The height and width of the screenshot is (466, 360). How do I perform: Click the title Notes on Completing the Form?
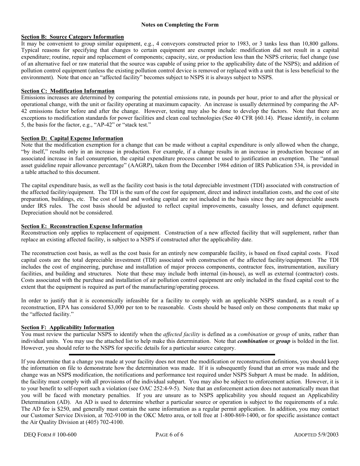coord(180,25)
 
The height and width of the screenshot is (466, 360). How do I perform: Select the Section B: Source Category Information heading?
coord(72,37)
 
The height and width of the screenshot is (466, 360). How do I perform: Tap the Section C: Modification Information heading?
coord(68,91)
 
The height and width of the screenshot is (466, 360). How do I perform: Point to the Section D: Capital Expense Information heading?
coord(72,139)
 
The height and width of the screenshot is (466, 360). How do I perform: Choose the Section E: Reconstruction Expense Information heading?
coord(82,227)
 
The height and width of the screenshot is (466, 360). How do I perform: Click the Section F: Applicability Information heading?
coord(67,328)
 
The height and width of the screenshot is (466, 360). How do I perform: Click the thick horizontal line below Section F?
coord(172,355)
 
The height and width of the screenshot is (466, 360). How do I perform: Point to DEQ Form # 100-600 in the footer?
coord(49,435)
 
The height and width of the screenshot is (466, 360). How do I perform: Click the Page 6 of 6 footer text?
coord(169,435)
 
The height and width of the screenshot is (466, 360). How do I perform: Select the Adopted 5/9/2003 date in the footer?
coord(316,435)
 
